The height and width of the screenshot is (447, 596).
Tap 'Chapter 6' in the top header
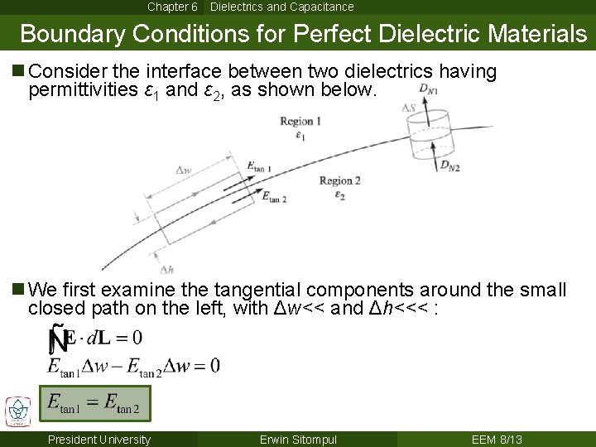172,7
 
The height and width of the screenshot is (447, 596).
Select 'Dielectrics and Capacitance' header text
281,7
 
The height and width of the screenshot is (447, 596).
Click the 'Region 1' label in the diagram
300,122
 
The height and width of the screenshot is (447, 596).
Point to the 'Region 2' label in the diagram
339,180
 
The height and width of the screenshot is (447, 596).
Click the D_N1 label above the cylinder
429,89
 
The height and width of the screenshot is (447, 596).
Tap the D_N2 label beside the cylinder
449,166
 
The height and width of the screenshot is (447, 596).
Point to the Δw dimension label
185,171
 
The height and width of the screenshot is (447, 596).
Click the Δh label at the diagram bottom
166,269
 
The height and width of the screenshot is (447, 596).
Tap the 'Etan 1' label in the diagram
260,166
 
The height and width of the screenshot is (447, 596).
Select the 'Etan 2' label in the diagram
274,197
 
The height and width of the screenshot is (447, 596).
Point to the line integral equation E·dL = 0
95,338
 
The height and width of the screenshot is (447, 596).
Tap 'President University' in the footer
99,440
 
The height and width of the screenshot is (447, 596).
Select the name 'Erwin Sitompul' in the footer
298,440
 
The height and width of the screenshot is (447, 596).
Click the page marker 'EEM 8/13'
497,440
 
